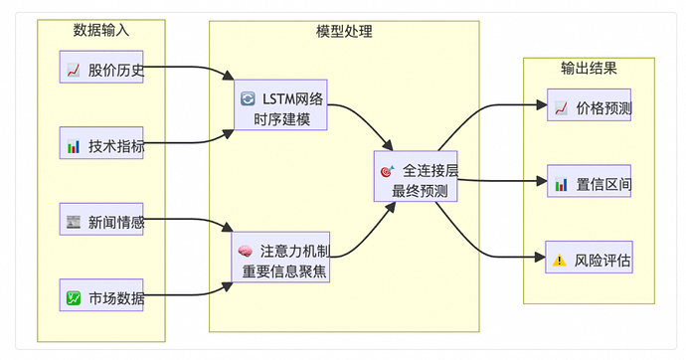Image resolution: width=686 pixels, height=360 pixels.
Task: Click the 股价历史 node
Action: [x=102, y=71]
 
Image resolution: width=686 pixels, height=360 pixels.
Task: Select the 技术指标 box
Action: [x=102, y=146]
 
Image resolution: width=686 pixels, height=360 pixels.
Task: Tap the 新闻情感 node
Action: [x=102, y=222]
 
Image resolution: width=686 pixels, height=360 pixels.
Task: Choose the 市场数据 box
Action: [x=102, y=297]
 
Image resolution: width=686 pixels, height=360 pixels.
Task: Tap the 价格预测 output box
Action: [x=590, y=107]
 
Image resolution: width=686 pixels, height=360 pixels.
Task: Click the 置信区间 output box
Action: [x=590, y=184]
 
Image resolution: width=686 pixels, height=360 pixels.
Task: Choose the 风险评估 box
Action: [x=590, y=261]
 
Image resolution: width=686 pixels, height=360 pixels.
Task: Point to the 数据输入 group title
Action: [x=101, y=31]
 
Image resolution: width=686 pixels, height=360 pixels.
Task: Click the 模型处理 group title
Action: [x=344, y=31]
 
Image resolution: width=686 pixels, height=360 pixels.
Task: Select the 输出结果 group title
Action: [x=589, y=69]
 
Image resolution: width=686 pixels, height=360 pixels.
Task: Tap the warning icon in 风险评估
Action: [x=561, y=262]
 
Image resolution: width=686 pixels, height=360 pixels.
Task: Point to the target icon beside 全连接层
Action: [x=387, y=171]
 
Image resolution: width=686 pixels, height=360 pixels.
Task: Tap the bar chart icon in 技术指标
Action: [x=74, y=147]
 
